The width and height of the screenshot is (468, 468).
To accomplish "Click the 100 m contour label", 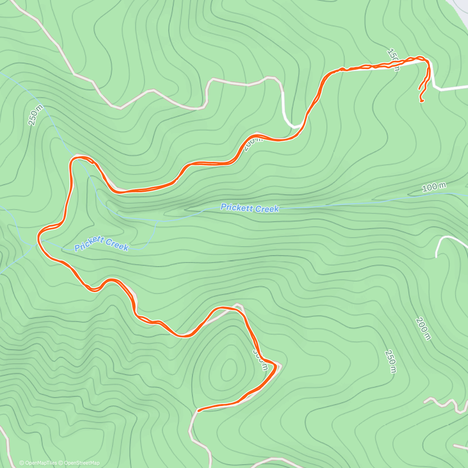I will click(x=434, y=188).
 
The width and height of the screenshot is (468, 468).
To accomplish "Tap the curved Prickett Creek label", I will click(x=101, y=243).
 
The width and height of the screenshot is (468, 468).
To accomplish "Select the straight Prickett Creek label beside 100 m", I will click(x=250, y=208).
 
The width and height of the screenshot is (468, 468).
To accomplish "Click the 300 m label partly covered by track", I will click(x=261, y=359).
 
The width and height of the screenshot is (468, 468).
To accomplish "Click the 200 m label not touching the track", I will click(x=423, y=328).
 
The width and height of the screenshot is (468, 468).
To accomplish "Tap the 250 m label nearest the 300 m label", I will click(x=390, y=361).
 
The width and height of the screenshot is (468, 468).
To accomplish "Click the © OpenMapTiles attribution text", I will click(x=38, y=463).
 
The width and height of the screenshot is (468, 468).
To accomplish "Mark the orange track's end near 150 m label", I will click(x=422, y=101).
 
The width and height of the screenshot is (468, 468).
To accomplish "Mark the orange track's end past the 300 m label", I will click(x=199, y=410).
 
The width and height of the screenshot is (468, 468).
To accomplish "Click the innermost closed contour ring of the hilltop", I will click(x=229, y=369).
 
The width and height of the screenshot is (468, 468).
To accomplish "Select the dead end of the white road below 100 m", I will click(x=436, y=257).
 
